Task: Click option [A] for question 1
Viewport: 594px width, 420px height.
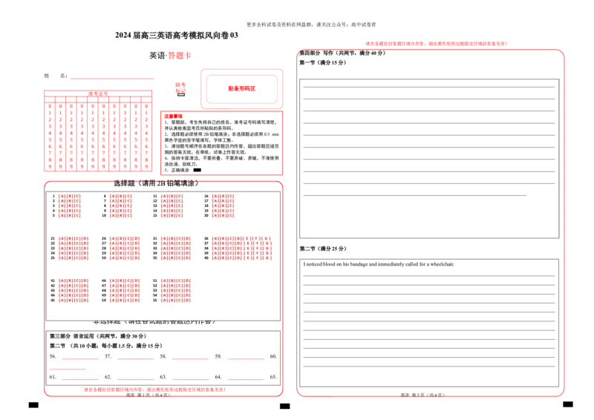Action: (61, 196)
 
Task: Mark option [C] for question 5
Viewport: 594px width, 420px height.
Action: (77, 215)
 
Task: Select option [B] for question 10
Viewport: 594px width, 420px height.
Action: (120, 215)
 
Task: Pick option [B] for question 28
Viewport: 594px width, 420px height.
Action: (120, 249)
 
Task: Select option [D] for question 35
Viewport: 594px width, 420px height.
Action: (188, 257)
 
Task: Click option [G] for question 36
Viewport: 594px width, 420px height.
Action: (268, 239)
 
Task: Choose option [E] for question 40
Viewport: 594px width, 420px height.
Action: (249, 257)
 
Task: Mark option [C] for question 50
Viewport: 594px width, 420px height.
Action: (128, 300)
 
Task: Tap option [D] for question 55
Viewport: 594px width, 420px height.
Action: (188, 300)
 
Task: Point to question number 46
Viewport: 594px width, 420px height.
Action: (104, 281)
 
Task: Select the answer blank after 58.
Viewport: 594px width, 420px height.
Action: (190, 357)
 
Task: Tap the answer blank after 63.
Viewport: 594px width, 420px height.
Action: (190, 378)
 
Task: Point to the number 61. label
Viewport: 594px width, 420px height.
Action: (53, 378)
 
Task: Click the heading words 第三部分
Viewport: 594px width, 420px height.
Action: (60, 336)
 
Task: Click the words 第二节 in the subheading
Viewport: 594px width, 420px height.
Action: (57, 347)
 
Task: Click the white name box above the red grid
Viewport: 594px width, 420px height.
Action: (100, 76)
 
